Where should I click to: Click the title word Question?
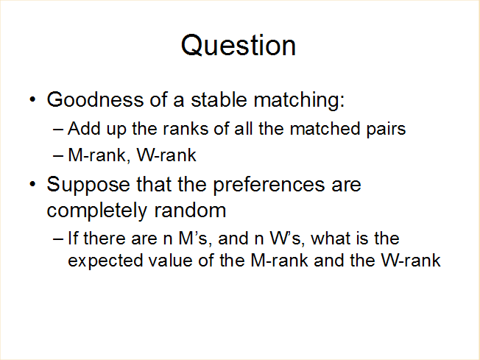[x=239, y=46]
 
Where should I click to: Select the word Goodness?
[x=95, y=99]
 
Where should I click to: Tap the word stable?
[x=219, y=99]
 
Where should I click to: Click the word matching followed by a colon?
[x=299, y=100]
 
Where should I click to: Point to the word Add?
[x=84, y=128]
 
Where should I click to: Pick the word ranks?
[x=186, y=128]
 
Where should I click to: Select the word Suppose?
[x=88, y=186]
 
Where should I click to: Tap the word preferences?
[x=269, y=186]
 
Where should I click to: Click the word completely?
[x=97, y=211]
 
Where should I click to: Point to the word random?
[x=190, y=211]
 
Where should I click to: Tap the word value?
[x=170, y=260]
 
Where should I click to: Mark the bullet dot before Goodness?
[x=32, y=99]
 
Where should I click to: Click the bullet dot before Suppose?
[x=32, y=184]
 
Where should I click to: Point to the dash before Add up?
[x=58, y=130]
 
